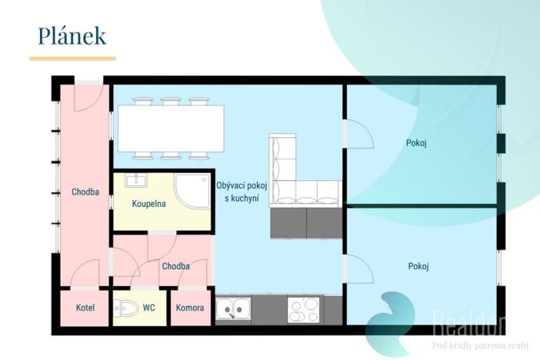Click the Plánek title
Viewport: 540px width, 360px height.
72,35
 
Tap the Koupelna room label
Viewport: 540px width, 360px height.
149,204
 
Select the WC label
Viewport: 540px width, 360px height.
148,308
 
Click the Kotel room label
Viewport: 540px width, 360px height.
85,308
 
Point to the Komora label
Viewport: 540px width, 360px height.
190,308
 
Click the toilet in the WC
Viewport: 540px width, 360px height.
126,308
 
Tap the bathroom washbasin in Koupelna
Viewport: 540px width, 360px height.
136,181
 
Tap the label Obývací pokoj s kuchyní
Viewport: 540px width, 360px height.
237,192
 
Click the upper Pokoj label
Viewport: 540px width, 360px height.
416,143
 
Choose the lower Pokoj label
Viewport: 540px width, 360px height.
418,266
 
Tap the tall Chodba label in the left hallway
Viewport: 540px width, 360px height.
85,192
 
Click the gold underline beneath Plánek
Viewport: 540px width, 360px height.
72,58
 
